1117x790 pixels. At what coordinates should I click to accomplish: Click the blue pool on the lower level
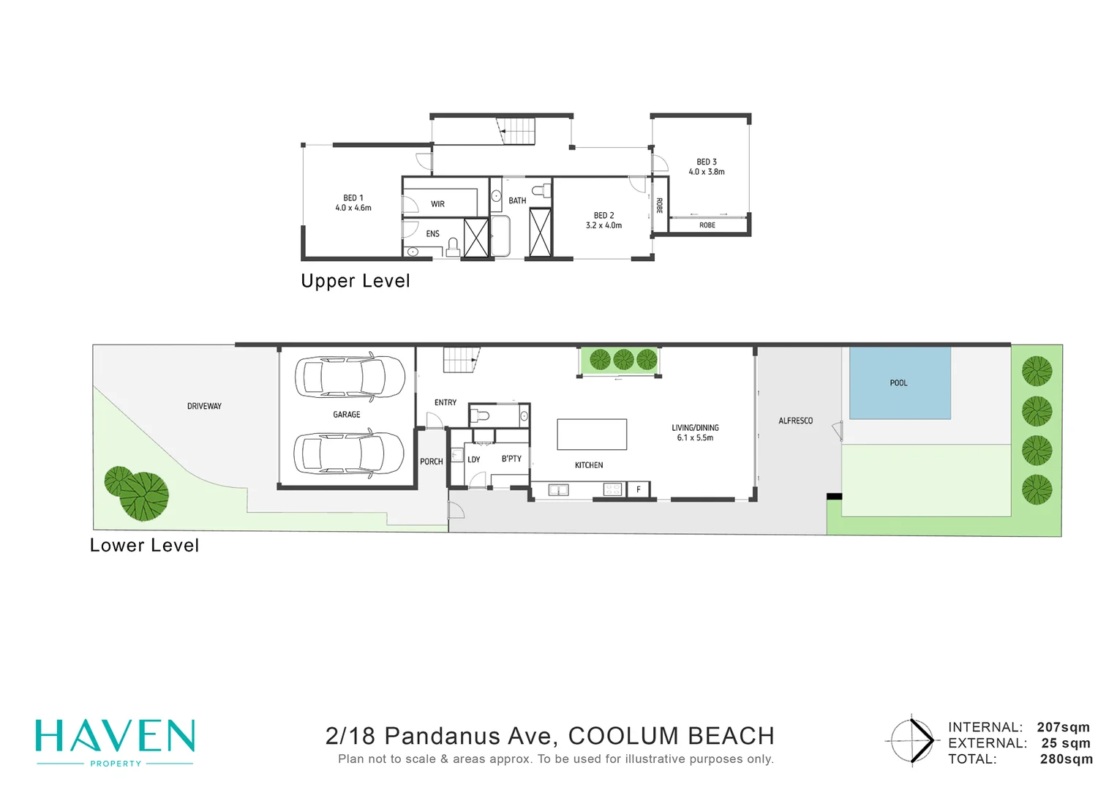(x=900, y=383)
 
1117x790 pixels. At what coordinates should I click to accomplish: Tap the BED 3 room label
(x=707, y=162)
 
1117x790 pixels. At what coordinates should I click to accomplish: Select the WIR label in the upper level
(x=437, y=204)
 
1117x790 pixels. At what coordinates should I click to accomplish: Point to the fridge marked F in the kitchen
(x=639, y=489)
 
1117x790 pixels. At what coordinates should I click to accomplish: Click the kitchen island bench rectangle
(x=592, y=434)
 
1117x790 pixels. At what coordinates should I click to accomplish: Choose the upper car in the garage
(x=350, y=377)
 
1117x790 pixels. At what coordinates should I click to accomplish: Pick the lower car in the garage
(x=349, y=454)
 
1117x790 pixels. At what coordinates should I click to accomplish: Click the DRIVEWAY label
(x=204, y=406)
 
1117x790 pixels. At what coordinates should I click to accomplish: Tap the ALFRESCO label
(x=795, y=421)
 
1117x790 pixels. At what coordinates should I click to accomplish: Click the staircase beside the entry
(x=462, y=360)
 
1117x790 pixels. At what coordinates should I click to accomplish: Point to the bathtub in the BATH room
(x=500, y=236)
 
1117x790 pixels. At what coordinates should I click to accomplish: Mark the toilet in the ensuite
(x=453, y=247)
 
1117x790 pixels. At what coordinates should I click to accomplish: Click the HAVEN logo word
(x=115, y=736)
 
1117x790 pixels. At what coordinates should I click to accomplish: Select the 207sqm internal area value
(x=1063, y=727)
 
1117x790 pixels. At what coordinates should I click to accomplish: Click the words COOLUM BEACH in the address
(x=672, y=736)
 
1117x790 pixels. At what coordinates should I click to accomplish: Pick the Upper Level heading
(x=355, y=281)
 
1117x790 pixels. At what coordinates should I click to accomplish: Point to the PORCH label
(x=432, y=462)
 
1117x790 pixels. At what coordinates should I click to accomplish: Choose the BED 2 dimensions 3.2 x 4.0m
(x=603, y=225)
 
